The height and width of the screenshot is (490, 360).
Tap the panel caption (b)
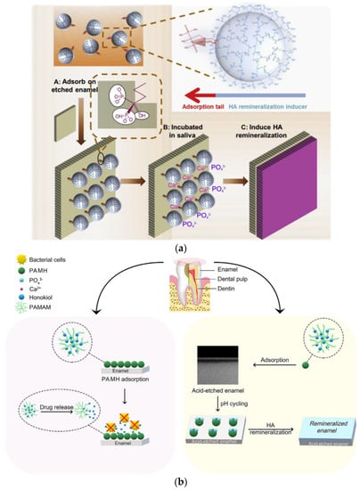coord(181,482)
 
